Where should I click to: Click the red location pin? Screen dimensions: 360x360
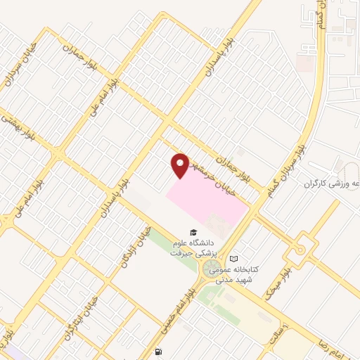tap(181, 165)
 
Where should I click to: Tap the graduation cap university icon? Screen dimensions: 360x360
tap(191, 233)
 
